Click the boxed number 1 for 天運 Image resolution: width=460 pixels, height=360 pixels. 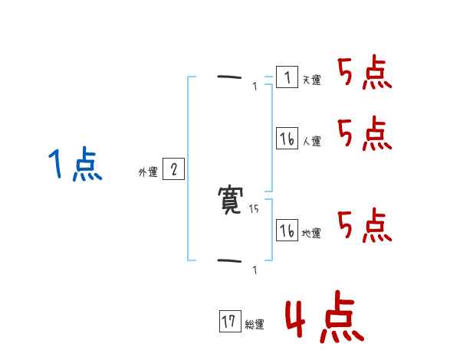click(287, 77)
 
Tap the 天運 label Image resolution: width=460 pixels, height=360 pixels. click(311, 80)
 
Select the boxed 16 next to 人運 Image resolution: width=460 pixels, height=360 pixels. click(287, 138)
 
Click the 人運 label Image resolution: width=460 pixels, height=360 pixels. click(311, 141)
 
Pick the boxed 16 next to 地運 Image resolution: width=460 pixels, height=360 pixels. click(287, 230)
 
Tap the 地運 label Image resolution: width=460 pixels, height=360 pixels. click(311, 233)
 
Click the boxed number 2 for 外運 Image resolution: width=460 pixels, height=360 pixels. click(173, 169)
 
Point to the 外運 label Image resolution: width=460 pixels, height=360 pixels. click(148, 172)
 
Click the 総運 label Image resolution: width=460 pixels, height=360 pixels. click(255, 325)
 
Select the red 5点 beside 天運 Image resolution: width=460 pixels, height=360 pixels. click(364, 74)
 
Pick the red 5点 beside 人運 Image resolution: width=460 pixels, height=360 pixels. click(364, 134)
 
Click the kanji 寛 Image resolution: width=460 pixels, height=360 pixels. click(229, 201)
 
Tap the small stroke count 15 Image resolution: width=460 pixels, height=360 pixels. click(255, 208)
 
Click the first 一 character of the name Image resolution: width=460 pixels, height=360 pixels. click(229, 77)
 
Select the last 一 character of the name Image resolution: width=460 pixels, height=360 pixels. click(229, 260)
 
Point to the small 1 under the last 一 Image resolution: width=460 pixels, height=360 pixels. click(255, 270)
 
